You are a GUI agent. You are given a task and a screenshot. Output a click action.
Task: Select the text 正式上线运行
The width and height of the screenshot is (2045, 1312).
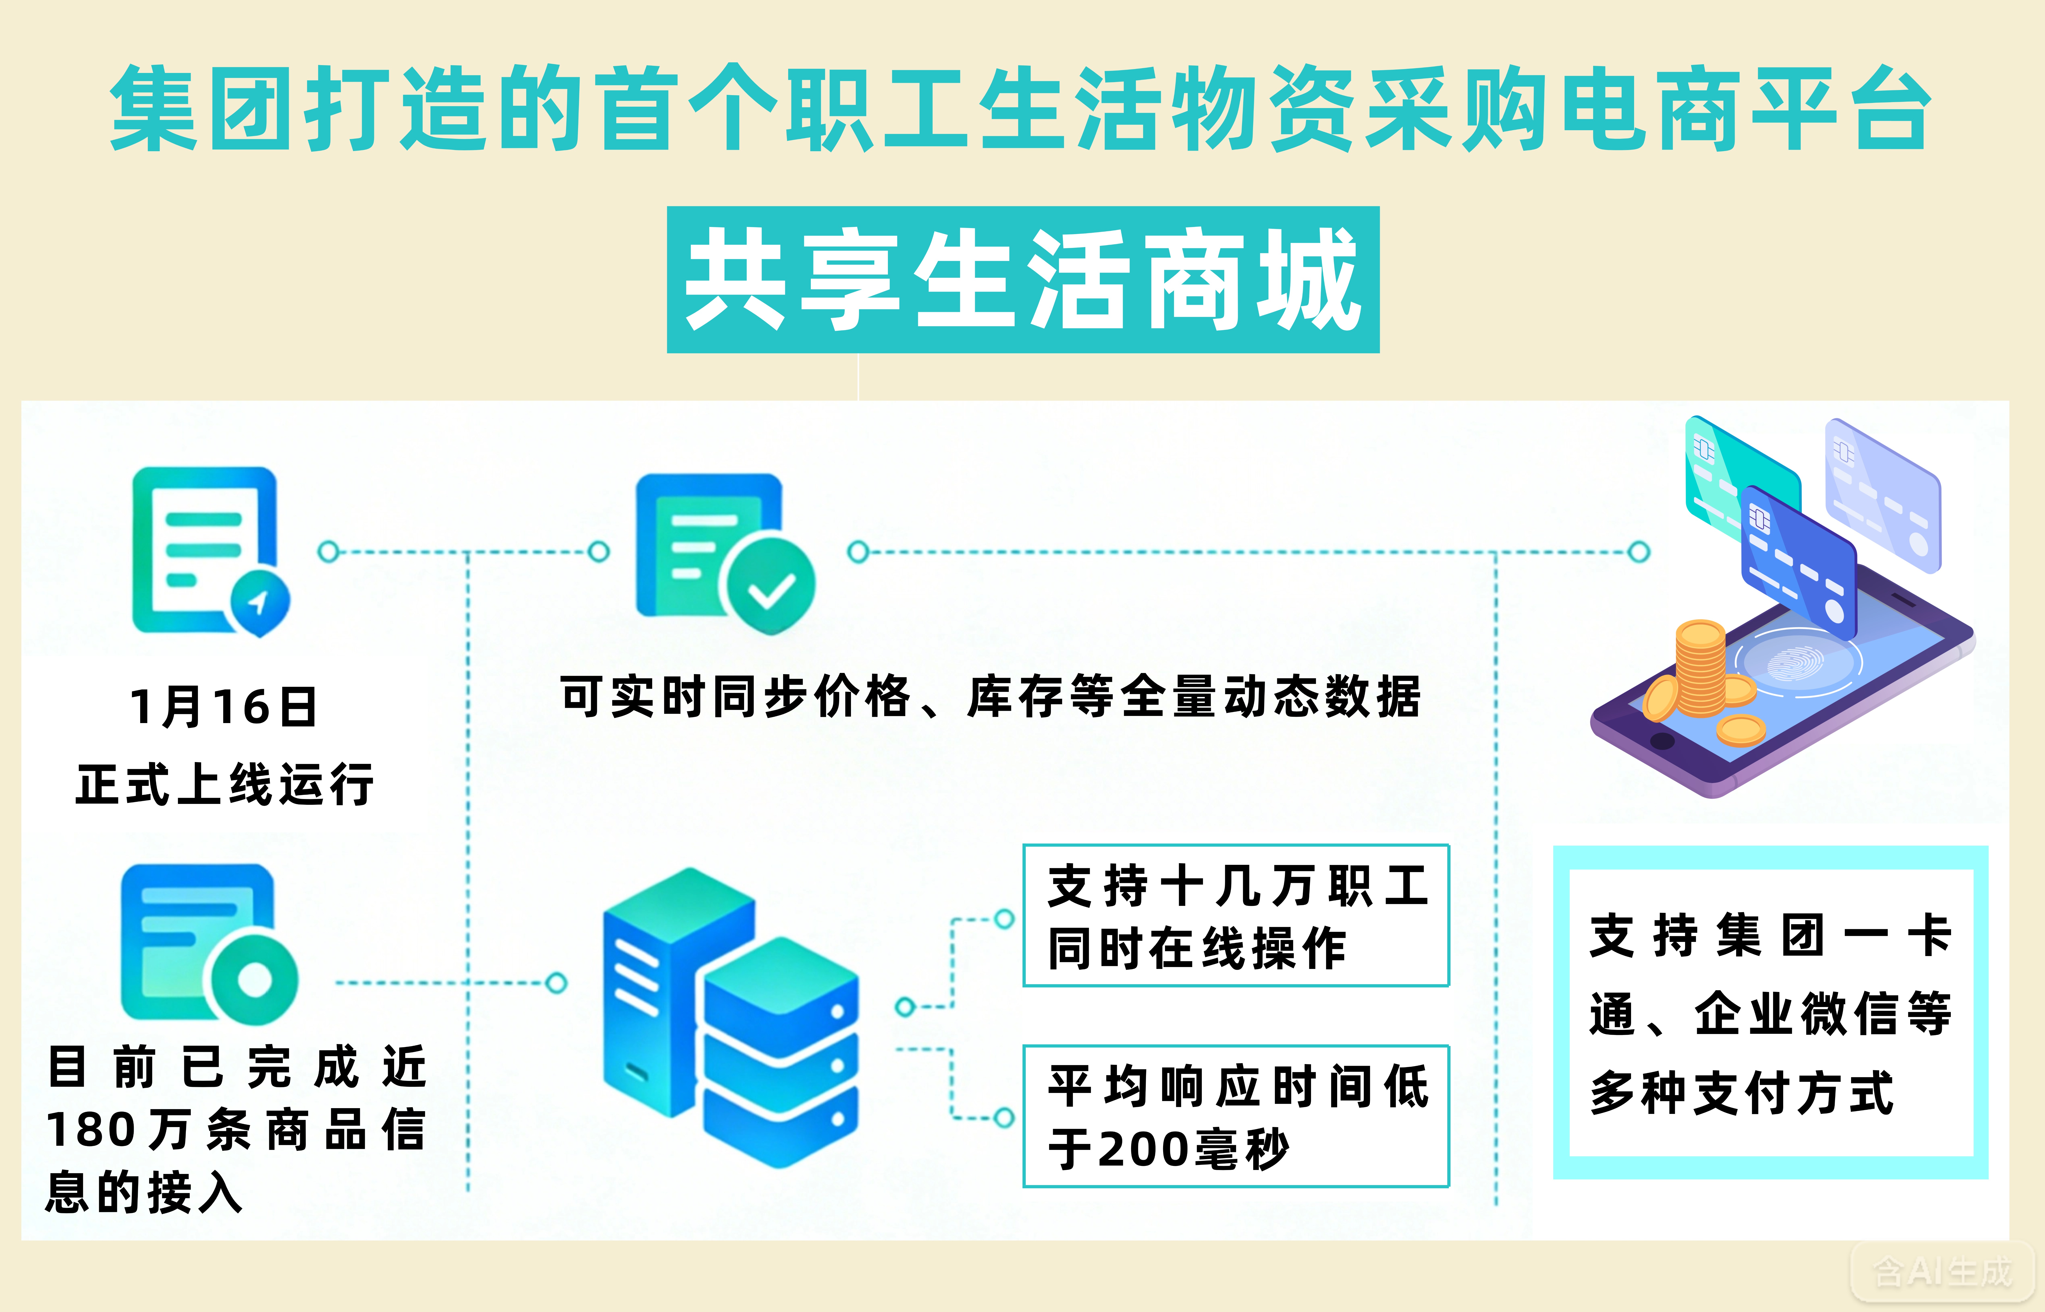pos(224,784)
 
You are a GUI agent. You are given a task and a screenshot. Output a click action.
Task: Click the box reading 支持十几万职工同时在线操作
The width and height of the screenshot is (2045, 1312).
pos(1235,916)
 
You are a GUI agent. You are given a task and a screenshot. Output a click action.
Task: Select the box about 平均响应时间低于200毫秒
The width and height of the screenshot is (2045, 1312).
pos(1235,1116)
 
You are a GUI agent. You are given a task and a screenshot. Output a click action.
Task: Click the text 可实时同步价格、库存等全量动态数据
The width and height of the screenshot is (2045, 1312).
pos(990,697)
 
